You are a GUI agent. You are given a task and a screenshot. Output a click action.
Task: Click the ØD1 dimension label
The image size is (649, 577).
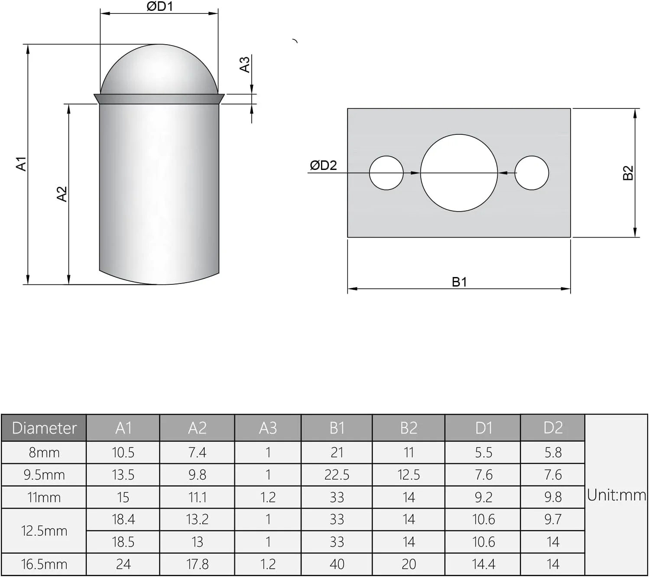(159, 7)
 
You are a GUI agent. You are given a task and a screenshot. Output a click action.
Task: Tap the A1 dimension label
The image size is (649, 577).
(21, 164)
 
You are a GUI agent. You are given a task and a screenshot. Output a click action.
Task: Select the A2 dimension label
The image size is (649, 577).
(62, 194)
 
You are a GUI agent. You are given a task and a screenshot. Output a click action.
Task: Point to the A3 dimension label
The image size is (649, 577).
(245, 65)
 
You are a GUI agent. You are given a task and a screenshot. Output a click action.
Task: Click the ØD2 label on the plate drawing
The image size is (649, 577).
(323, 165)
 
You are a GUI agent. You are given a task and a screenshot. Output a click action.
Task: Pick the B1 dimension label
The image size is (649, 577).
(459, 282)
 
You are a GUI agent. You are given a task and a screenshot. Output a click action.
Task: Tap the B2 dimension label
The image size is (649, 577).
(628, 173)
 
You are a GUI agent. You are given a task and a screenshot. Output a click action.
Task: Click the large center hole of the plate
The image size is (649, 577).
(459, 173)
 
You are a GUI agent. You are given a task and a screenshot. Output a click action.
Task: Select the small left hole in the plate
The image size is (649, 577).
(386, 173)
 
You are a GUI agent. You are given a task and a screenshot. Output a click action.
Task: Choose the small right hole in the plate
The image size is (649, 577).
(532, 173)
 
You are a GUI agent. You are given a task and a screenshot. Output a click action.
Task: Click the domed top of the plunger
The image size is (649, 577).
(159, 69)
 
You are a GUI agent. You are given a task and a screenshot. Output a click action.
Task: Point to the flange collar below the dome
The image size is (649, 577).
(159, 99)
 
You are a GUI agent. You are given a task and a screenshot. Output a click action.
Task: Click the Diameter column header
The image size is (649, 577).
(44, 428)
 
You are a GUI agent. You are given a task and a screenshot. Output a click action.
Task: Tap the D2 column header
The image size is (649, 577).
(553, 428)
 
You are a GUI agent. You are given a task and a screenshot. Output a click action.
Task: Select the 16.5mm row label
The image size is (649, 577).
(44, 564)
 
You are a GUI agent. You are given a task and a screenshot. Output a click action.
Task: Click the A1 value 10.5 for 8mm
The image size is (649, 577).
(123, 453)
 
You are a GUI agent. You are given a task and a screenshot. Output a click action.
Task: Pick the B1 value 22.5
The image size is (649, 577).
(337, 475)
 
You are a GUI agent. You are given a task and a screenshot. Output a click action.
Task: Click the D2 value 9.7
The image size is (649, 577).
(553, 519)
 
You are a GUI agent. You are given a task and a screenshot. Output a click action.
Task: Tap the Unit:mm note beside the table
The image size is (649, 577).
(616, 495)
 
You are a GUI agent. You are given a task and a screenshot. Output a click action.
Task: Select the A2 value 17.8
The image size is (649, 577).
(197, 564)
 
